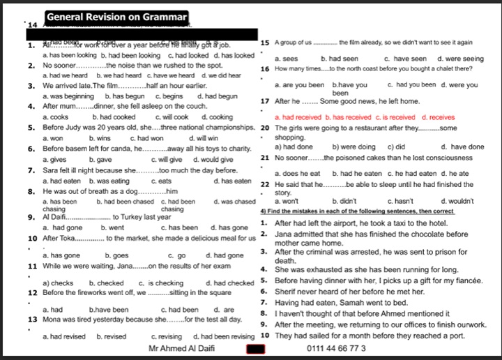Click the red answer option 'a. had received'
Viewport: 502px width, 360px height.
(298, 117)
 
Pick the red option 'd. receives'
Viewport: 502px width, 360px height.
(439, 117)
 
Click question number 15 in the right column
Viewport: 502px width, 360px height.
(264, 43)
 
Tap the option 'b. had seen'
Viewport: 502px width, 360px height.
(340, 59)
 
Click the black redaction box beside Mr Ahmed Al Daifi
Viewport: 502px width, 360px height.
(256, 347)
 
